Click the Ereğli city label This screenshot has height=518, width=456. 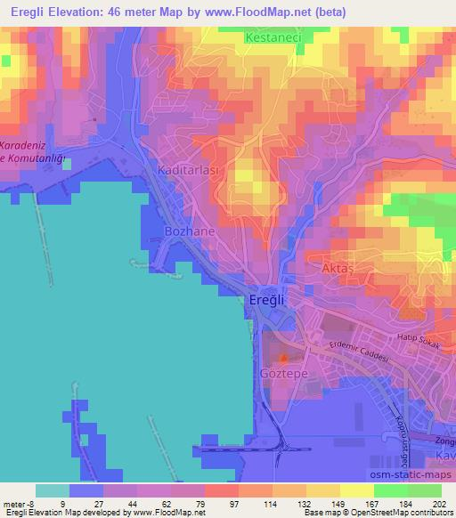(x=265, y=301)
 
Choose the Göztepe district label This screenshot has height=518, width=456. (x=282, y=374)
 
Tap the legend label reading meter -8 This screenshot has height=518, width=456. (x=19, y=504)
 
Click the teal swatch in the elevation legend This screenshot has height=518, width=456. (x=53, y=490)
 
